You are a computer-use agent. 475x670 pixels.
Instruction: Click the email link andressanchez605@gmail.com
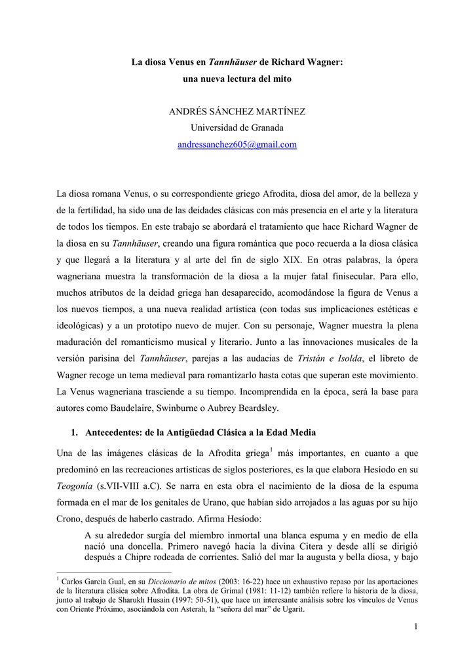coord(237,145)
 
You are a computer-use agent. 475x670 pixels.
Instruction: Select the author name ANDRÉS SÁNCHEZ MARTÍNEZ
coord(237,111)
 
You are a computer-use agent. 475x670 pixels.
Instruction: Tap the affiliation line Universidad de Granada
coord(237,128)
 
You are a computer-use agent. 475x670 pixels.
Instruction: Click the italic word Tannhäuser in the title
coord(232,62)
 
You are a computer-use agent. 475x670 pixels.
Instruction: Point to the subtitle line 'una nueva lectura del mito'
coord(237,79)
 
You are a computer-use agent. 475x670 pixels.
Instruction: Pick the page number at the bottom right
coord(415,627)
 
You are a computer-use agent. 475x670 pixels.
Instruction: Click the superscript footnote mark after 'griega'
coord(271,448)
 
